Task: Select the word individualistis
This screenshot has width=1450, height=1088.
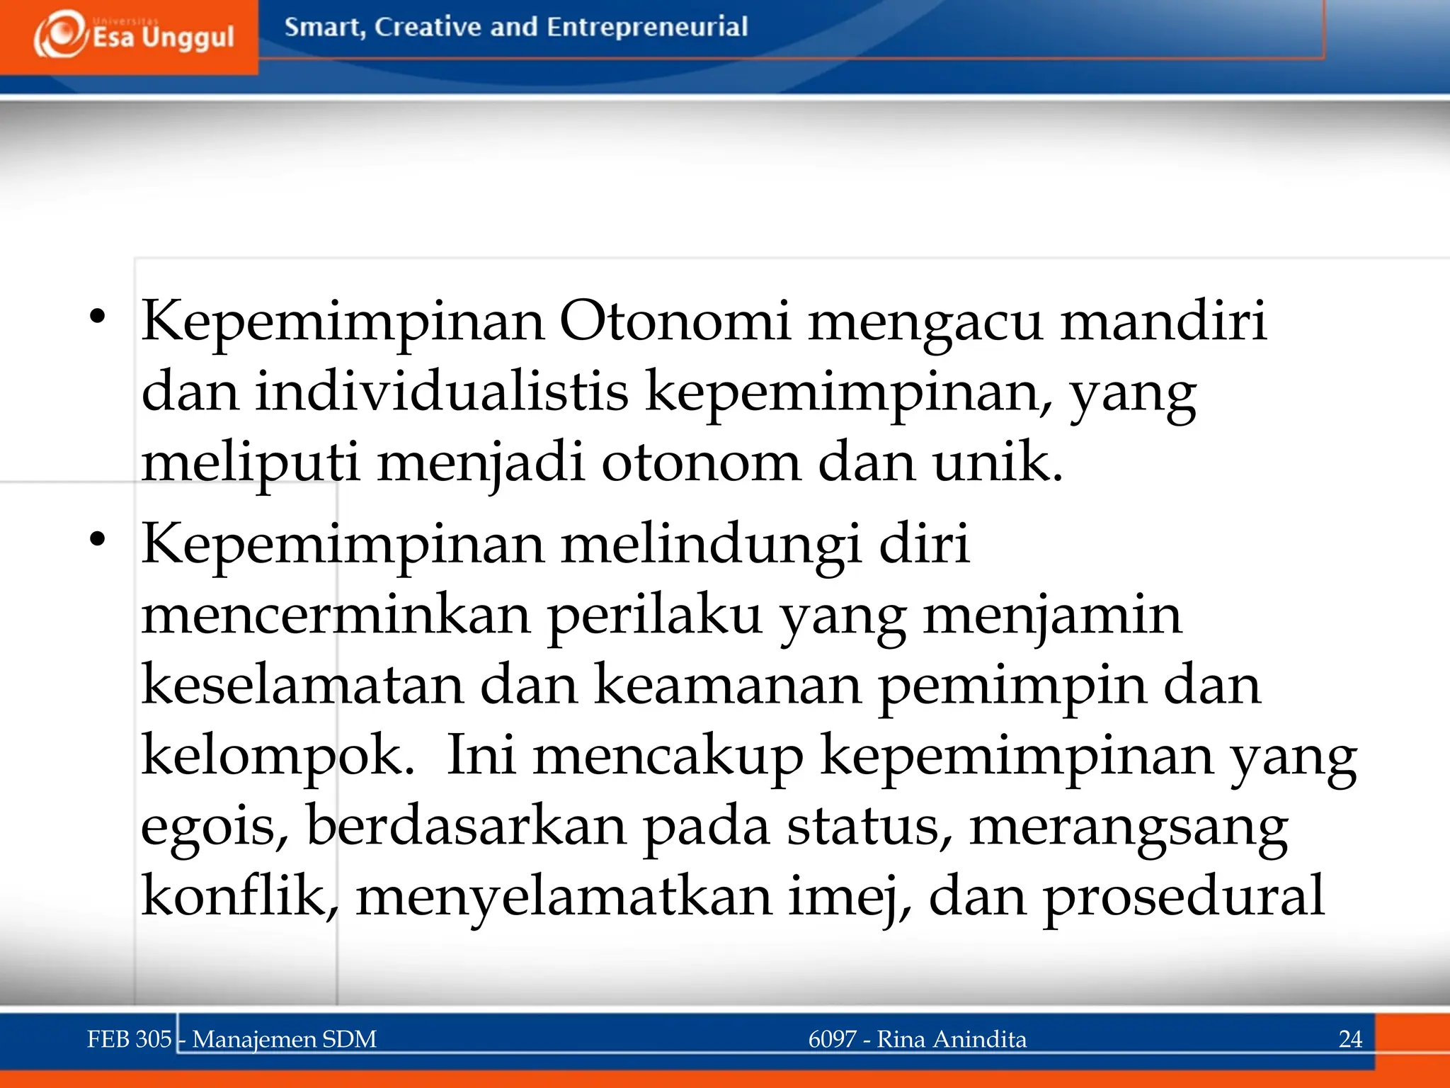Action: click(441, 392)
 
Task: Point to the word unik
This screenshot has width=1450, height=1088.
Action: click(998, 463)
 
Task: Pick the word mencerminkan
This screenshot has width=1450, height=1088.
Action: click(336, 615)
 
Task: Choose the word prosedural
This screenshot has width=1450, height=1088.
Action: click(1183, 896)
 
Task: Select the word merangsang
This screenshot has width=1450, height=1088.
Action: click(1129, 826)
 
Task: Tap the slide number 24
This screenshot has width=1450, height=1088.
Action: click(1350, 1039)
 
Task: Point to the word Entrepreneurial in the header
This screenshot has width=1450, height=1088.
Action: click(646, 27)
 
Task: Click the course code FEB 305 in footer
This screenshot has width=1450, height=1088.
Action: click(129, 1039)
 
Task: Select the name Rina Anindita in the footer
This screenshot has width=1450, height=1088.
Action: click(952, 1039)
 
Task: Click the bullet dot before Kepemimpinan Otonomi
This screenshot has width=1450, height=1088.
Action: click(98, 317)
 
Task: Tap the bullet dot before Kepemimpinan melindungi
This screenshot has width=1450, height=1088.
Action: click(98, 540)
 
